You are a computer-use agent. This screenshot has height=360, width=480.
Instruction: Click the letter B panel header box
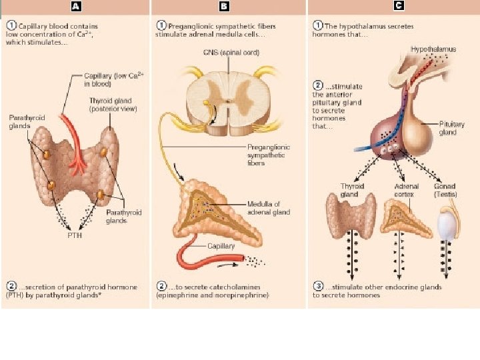click(224, 7)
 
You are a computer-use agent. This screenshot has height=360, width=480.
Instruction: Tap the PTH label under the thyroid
click(75, 235)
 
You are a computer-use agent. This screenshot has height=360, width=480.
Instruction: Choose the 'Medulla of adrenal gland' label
click(269, 208)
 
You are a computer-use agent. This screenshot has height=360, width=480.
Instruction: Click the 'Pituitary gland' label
click(449, 128)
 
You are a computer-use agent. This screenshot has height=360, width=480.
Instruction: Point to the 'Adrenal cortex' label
click(406, 190)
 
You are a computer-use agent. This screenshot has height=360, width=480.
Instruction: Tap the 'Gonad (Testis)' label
click(445, 190)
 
